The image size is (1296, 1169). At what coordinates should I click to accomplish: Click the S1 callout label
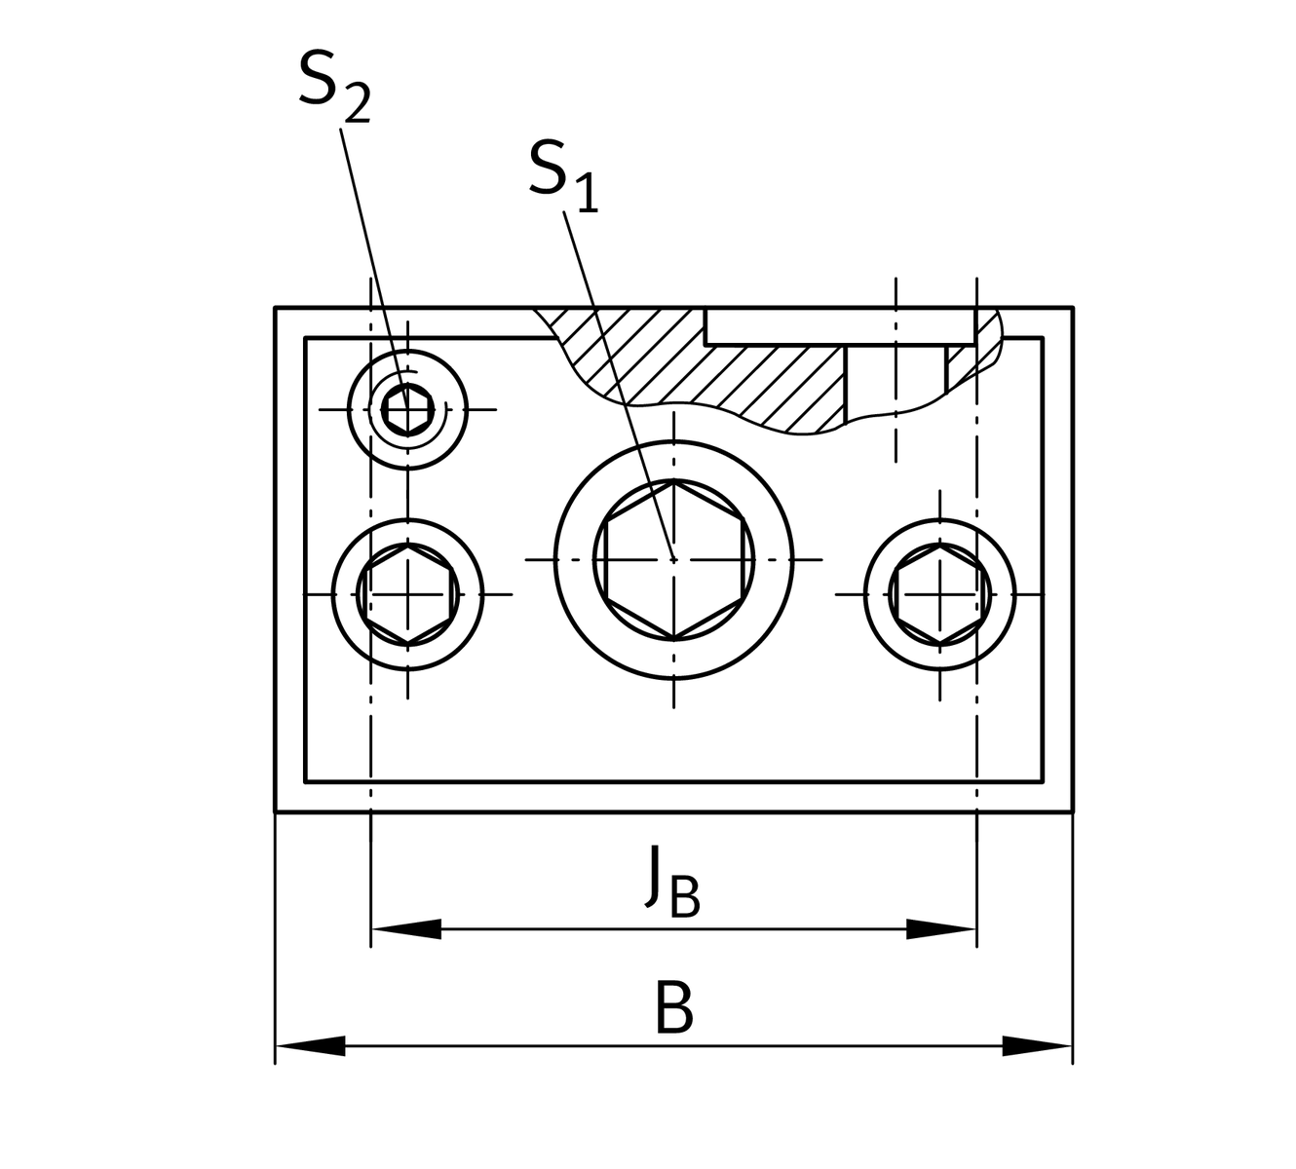click(x=562, y=175)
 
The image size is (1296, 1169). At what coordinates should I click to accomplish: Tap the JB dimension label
click(x=672, y=882)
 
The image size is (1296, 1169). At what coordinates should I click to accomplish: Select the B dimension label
click(x=673, y=1009)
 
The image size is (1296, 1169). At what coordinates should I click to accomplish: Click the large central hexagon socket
click(x=674, y=559)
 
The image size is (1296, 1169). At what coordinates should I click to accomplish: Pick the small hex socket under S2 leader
click(x=407, y=409)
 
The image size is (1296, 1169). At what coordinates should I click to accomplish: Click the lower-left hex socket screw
click(x=407, y=592)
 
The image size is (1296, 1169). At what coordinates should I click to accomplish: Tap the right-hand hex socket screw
click(x=940, y=593)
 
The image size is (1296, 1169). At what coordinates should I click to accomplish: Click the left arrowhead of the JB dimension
click(x=405, y=929)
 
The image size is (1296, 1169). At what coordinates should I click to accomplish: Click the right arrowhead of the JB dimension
click(x=941, y=929)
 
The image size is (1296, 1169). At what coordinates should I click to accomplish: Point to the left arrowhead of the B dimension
click(x=310, y=1046)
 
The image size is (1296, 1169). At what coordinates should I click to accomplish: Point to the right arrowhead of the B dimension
click(x=1038, y=1046)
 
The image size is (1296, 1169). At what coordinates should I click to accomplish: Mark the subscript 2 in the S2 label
click(x=357, y=105)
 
